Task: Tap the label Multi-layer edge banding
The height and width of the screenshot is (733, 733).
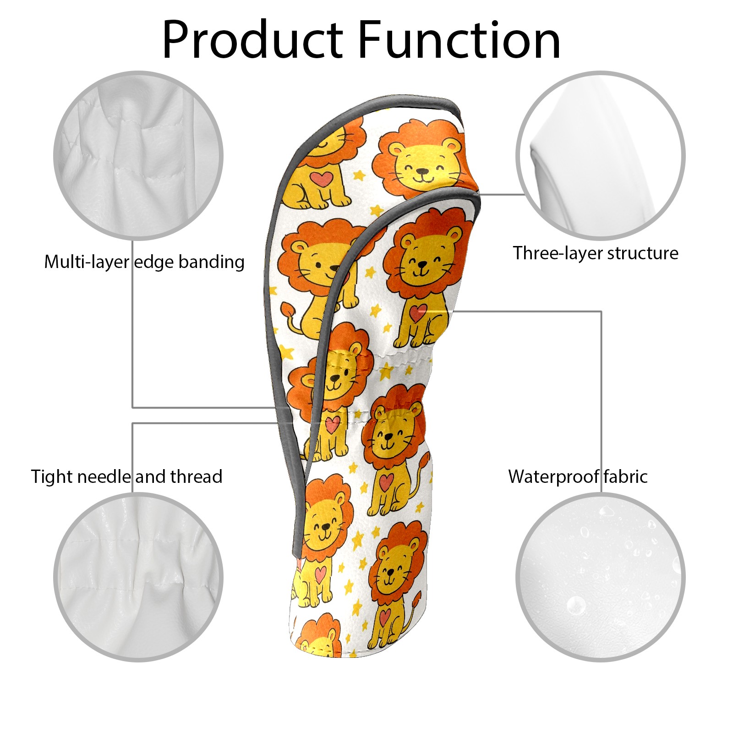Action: point(144,263)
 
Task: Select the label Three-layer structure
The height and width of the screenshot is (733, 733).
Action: point(596,253)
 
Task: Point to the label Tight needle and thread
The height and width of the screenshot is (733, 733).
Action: point(127,477)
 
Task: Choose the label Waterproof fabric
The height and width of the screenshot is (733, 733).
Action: point(578,476)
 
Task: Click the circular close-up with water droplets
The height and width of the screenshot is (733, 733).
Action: point(600,577)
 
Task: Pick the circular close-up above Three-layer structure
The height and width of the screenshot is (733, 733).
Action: point(600,155)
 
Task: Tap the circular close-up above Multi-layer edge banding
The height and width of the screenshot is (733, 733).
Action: point(138,155)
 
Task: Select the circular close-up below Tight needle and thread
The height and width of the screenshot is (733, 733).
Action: point(138,577)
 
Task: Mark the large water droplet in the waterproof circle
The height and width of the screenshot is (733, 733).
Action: point(576,605)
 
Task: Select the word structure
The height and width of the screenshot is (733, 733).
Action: point(643,253)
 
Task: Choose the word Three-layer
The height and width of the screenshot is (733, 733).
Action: point(558,253)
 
